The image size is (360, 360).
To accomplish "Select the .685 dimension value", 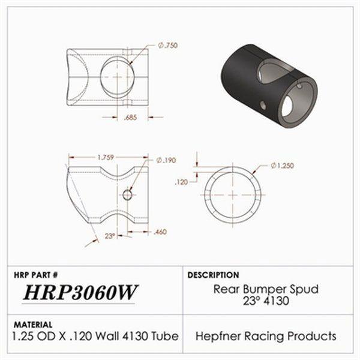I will [x=130, y=118].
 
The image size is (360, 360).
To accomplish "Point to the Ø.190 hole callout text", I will [x=166, y=160].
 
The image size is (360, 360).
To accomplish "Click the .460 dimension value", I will [x=160, y=232].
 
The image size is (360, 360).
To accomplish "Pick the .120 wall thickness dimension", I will [x=181, y=181].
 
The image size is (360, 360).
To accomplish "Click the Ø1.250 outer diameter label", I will [x=282, y=165].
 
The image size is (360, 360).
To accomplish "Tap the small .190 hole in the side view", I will [x=127, y=194].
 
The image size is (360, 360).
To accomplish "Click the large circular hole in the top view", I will [x=118, y=77].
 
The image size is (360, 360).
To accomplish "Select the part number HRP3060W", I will [x=80, y=293].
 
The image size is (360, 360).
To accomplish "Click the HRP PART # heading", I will [x=35, y=275].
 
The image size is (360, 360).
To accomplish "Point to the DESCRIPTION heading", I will [x=214, y=275].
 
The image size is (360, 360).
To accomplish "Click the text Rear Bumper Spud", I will [x=266, y=289].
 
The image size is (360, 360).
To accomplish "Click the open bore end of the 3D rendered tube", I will [x=300, y=100].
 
